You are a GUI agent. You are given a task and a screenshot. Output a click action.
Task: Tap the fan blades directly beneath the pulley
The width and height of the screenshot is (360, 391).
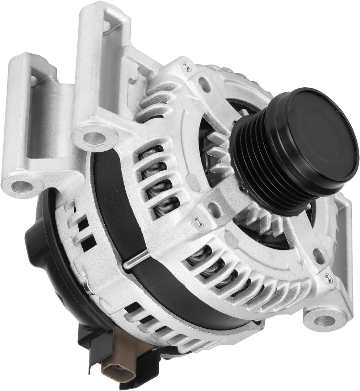[x=261, y=221]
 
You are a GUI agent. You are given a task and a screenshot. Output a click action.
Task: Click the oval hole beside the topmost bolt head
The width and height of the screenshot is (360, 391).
[x=205, y=84]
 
